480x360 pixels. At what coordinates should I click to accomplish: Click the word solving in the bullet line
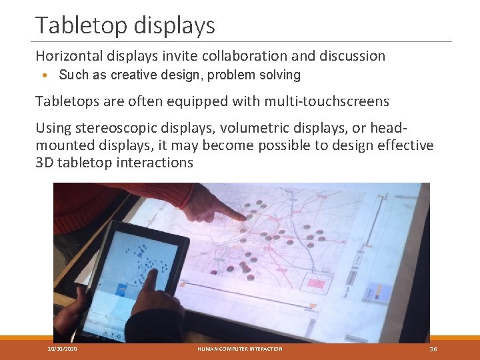click(x=283, y=75)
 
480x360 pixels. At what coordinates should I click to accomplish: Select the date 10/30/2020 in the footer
click(x=61, y=349)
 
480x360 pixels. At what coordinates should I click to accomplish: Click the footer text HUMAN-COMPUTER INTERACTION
click(x=240, y=349)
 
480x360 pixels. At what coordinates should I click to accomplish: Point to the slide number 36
click(x=433, y=349)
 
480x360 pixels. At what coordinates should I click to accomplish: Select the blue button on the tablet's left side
click(x=122, y=289)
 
